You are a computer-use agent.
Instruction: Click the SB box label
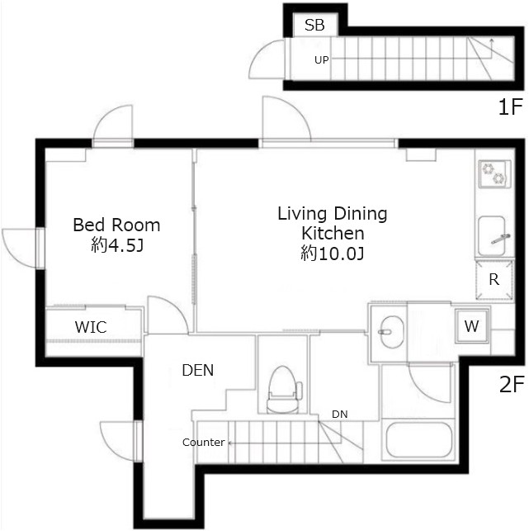(x=314, y=25)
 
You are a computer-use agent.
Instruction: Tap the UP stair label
(x=322, y=59)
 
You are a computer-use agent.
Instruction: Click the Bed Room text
(x=116, y=225)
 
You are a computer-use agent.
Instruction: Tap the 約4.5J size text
(x=116, y=245)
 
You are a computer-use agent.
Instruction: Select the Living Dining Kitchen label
(x=332, y=223)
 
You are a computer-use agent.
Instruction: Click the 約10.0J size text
(x=332, y=254)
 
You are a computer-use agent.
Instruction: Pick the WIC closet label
(x=91, y=326)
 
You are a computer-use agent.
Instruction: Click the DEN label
(x=197, y=371)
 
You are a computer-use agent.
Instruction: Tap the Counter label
(x=203, y=443)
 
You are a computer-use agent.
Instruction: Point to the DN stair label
(x=339, y=413)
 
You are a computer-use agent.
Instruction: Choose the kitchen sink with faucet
(x=493, y=234)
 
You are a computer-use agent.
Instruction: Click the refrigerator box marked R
(x=494, y=279)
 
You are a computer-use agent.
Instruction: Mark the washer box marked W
(x=471, y=326)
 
